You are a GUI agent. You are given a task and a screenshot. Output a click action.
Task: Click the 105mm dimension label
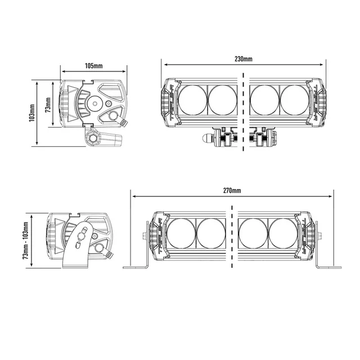point(94,66)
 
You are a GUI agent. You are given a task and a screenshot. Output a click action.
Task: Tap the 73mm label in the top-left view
point(48,104)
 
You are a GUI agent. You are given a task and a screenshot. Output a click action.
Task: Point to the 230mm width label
point(243,58)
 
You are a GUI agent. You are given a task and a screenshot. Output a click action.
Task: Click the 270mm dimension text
point(232,190)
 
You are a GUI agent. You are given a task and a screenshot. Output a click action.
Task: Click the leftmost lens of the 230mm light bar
point(193,99)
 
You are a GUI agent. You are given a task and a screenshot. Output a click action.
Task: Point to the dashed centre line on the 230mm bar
point(243,112)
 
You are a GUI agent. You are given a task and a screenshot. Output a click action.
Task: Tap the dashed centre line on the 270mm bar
point(232,236)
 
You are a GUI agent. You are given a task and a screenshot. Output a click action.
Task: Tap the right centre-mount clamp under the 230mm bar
point(261,137)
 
